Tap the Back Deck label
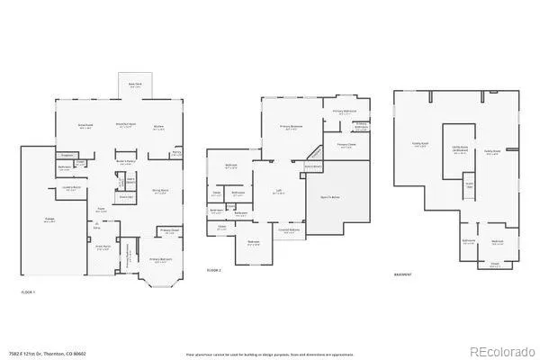click(135, 84)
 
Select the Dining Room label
click(159, 192)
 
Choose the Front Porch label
click(104, 247)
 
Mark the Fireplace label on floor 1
click(67, 155)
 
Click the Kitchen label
click(158, 127)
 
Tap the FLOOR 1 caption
click(29, 292)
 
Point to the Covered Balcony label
click(289, 229)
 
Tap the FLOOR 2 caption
click(214, 270)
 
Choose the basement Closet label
click(495, 265)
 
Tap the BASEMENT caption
click(404, 276)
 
